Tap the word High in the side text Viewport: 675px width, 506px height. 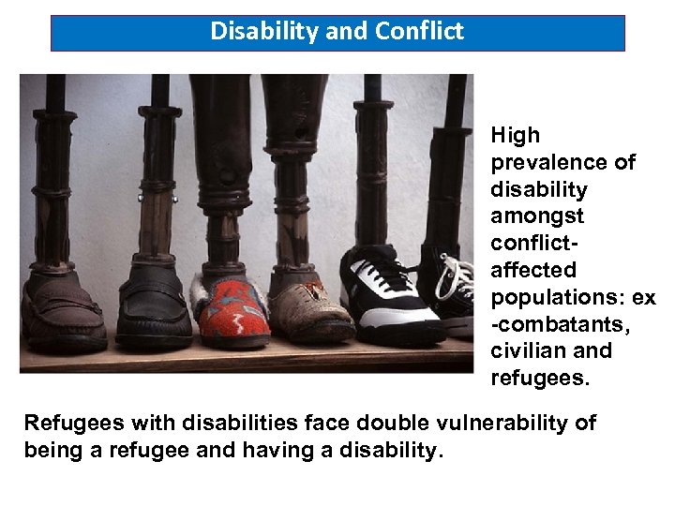(x=515, y=136)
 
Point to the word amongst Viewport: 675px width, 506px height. (x=537, y=216)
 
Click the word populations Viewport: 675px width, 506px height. (x=559, y=297)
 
